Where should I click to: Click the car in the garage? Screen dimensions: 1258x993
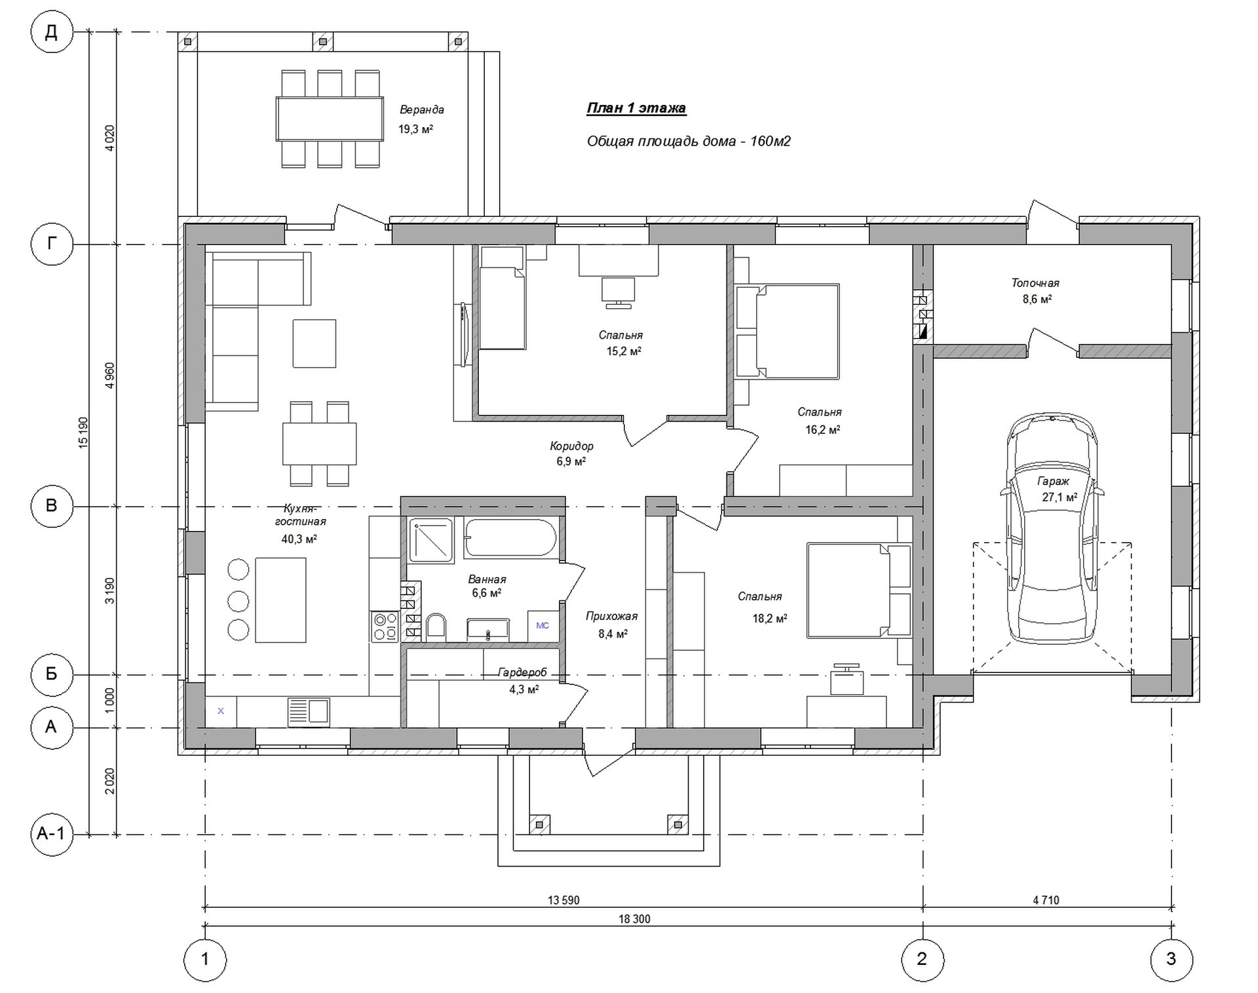point(1053,528)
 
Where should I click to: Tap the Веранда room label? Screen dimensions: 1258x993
point(422,109)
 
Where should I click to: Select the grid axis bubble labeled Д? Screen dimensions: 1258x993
point(51,32)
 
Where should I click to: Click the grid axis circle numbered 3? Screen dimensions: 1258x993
point(1172,960)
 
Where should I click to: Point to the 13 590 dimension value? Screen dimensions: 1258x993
point(563,900)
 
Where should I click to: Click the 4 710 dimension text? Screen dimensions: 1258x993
point(1046,900)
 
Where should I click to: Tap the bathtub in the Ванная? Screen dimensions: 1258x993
point(510,538)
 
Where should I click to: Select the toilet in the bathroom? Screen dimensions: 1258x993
point(436,627)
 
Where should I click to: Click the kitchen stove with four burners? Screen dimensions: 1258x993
point(385,626)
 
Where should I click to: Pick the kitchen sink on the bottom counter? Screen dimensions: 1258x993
point(309,712)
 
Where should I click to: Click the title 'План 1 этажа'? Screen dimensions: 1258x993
point(636,108)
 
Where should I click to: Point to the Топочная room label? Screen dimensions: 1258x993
point(1035,283)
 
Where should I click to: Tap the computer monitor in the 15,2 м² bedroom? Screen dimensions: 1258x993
point(618,292)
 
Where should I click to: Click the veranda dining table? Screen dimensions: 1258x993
point(330,119)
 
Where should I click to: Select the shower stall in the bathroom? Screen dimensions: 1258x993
point(430,540)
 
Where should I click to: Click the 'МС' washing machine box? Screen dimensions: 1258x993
point(543,626)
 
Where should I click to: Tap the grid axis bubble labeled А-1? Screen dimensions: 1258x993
point(51,834)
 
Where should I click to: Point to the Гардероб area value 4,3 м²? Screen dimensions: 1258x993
point(524,690)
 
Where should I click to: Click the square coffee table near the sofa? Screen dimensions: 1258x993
point(314,343)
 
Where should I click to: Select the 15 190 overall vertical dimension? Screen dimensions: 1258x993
point(83,432)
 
